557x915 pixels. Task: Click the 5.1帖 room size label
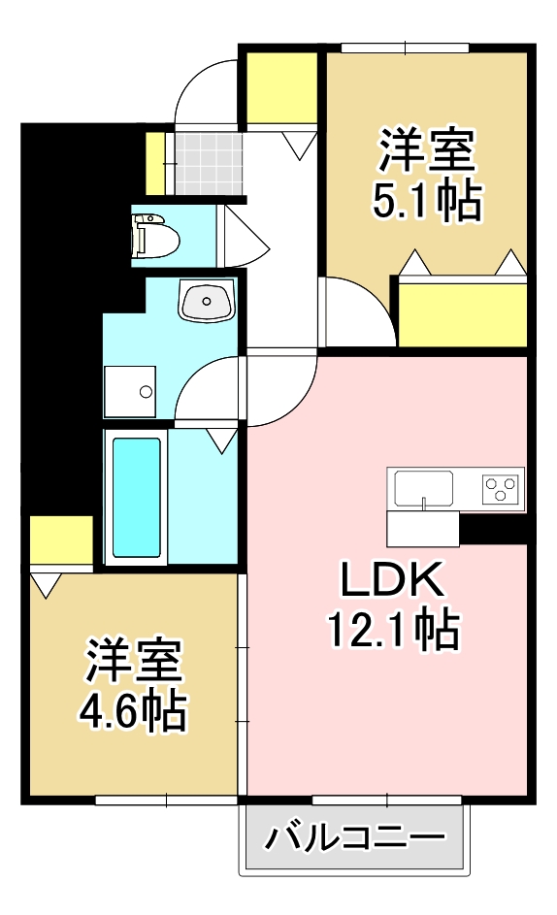click(427, 201)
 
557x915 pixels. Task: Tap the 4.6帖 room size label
click(133, 712)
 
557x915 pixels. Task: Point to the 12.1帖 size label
click(391, 632)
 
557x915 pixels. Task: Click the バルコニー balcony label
click(355, 835)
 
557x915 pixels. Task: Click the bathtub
click(136, 496)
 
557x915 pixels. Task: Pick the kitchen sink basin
click(423, 485)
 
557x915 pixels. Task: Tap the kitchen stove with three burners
click(502, 486)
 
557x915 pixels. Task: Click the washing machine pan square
click(130, 392)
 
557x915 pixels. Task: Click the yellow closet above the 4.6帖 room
click(61, 539)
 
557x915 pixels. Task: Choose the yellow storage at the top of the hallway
click(281, 88)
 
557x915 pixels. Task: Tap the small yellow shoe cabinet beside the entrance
click(154, 163)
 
